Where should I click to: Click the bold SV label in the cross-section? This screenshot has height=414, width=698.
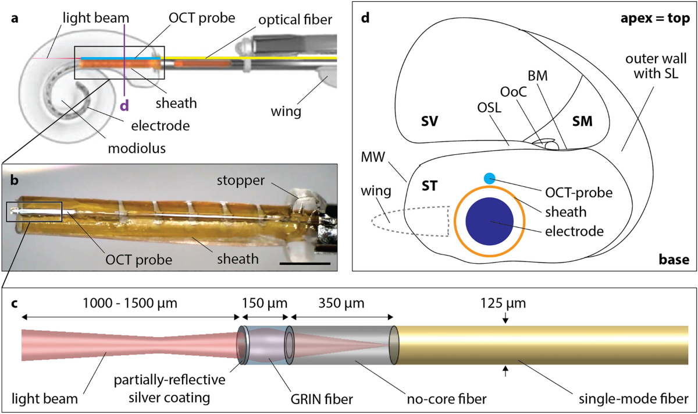coord(430,121)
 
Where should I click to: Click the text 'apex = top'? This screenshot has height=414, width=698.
coord(654,18)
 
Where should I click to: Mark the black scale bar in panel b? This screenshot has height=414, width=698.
coord(305,264)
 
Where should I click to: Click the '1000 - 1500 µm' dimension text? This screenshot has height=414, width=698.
coord(129,303)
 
